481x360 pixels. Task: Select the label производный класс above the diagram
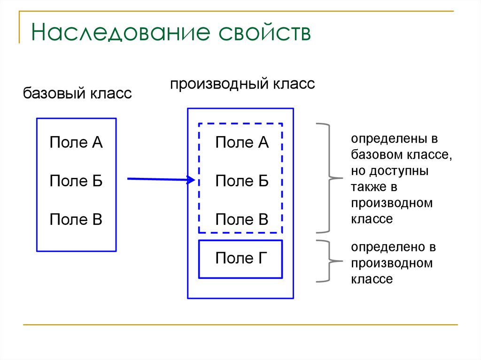(242, 84)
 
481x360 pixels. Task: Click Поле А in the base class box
(76, 143)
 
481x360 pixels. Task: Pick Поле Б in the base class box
(76, 181)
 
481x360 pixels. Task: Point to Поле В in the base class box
(76, 219)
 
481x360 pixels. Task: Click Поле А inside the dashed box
(241, 143)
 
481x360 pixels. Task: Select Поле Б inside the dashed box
(241, 181)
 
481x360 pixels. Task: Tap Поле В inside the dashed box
(241, 219)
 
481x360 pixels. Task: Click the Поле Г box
(241, 259)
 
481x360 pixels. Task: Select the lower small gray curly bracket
(327, 261)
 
